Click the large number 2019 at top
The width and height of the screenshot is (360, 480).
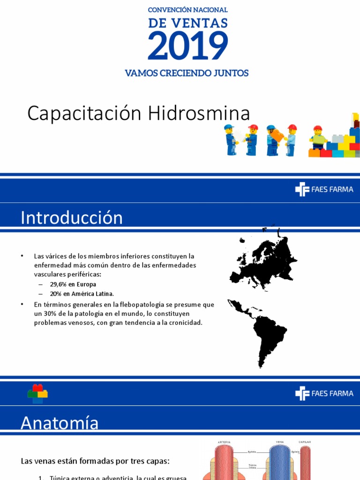click(x=188, y=45)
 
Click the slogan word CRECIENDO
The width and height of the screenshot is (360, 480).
click(x=189, y=73)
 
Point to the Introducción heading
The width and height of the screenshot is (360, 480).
click(x=72, y=218)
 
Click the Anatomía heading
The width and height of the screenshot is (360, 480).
click(x=60, y=423)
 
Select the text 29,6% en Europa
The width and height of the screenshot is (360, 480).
click(x=73, y=285)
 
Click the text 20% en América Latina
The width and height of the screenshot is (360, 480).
click(x=82, y=294)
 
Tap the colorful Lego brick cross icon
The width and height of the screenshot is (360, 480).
click(x=37, y=393)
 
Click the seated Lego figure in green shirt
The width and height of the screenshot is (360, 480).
click(x=318, y=139)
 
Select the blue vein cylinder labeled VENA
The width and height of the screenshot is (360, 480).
click(x=280, y=462)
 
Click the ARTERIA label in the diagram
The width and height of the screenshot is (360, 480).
click(x=224, y=442)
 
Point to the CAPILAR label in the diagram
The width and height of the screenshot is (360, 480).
click(x=305, y=442)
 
